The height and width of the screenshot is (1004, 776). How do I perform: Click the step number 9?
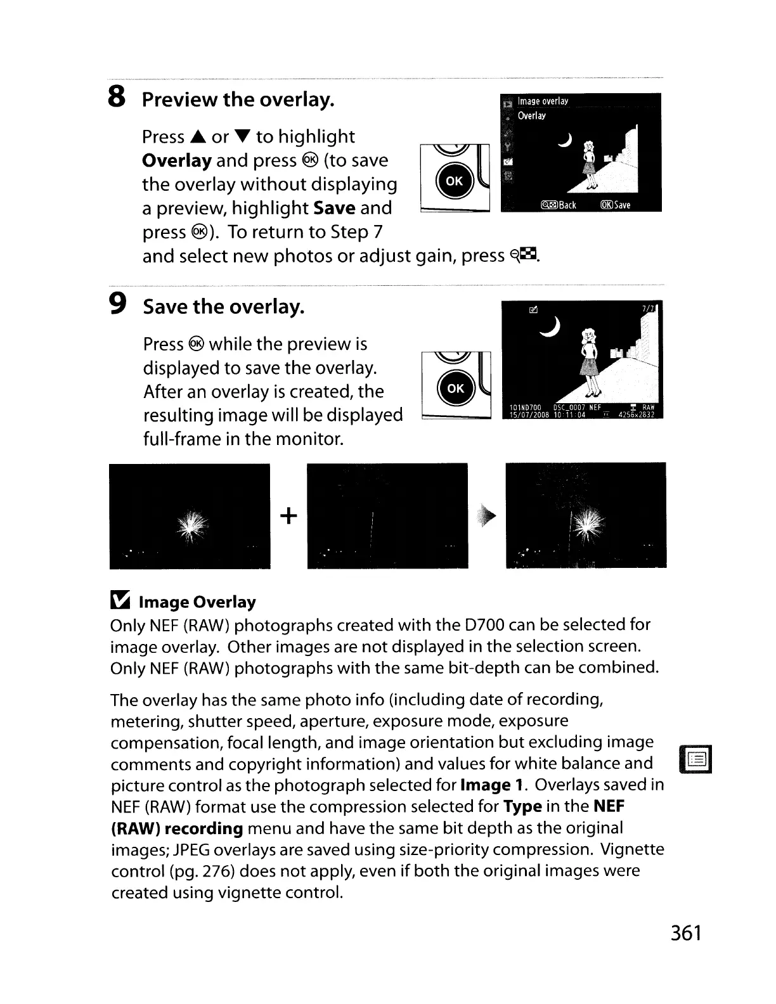click(x=117, y=306)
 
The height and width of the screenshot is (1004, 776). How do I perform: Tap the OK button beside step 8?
click(x=454, y=181)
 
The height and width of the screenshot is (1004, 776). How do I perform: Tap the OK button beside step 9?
click(x=455, y=389)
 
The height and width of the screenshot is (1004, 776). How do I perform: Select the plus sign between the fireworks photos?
click(x=288, y=516)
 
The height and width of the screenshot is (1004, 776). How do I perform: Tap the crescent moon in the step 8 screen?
click(x=563, y=143)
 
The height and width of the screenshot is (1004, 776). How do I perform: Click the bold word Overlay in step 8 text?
click(x=177, y=161)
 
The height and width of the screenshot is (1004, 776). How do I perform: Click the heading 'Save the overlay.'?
click(x=224, y=307)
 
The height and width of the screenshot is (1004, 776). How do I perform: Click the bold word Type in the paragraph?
click(x=522, y=807)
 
